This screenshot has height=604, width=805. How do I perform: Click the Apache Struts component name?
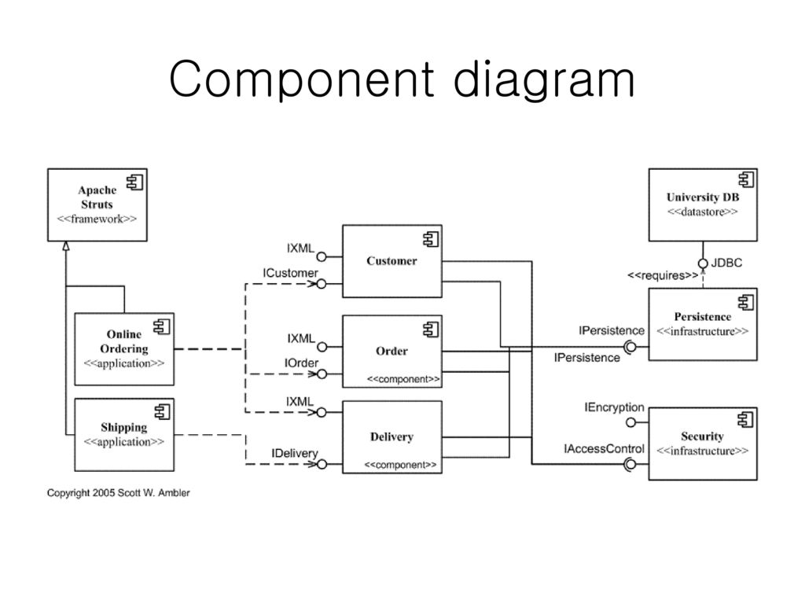tap(97, 197)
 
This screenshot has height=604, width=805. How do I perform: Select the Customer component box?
tap(392, 261)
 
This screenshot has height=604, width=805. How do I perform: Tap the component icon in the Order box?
tap(431, 330)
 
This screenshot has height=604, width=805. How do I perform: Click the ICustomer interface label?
tap(291, 273)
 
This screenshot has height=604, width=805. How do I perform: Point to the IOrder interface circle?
tap(322, 374)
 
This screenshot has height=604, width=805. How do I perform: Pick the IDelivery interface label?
tap(295, 454)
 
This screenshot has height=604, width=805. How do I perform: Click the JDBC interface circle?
tap(704, 263)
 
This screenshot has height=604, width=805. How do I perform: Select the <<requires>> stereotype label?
tap(663, 276)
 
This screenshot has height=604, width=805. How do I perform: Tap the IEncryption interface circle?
tap(631, 422)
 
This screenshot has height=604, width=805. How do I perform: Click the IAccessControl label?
tap(604, 449)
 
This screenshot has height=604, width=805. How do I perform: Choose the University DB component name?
tap(703, 197)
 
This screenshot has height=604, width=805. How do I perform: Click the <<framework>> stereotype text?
tap(97, 219)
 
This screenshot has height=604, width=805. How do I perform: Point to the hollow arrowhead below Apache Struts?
tap(66, 246)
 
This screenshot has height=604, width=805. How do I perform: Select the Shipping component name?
tap(124, 427)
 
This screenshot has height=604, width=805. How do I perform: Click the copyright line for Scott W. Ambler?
tap(119, 493)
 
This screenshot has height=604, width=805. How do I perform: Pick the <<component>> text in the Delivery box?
tap(400, 465)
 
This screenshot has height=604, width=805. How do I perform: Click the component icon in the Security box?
tap(745, 420)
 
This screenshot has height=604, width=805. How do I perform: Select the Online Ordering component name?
tap(124, 341)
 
